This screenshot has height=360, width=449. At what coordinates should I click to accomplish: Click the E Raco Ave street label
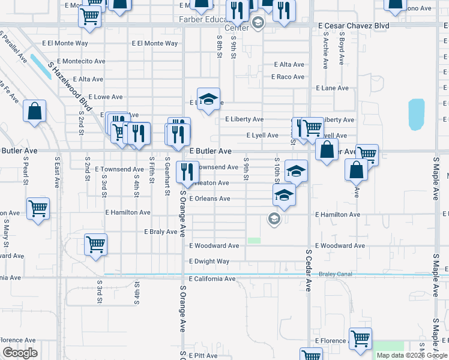click(288, 77)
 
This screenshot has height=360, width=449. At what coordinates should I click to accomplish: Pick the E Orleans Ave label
click(209, 199)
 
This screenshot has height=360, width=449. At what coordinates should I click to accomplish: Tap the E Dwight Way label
click(209, 262)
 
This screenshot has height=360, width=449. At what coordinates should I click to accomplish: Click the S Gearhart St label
click(166, 176)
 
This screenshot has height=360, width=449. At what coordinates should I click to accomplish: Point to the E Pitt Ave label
click(203, 356)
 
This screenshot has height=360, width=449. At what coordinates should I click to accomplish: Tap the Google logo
click(20, 352)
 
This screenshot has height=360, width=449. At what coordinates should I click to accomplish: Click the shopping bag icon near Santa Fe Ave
click(35, 111)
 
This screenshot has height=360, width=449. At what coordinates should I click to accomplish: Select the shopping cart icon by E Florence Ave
click(360, 339)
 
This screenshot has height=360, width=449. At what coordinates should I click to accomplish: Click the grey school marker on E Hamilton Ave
click(274, 218)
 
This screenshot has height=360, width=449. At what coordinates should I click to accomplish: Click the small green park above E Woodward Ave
click(255, 241)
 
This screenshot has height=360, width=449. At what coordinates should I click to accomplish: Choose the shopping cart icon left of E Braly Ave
click(95, 245)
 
